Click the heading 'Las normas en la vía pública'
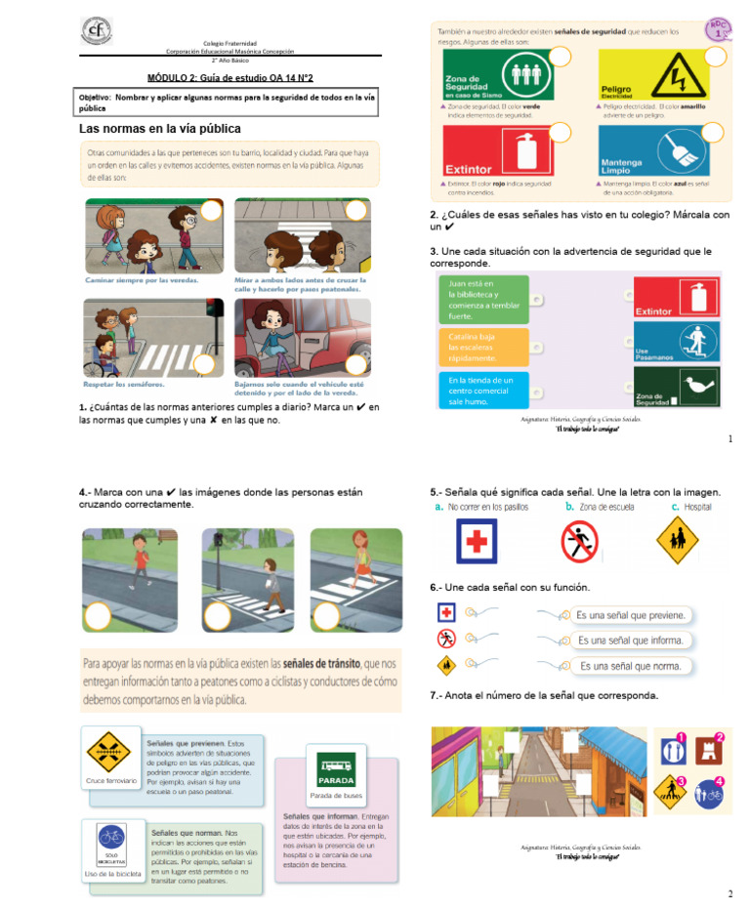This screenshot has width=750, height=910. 160,129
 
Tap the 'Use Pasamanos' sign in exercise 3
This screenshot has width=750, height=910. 676,342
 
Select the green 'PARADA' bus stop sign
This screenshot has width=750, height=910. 336,770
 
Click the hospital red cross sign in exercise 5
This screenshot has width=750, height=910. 476,540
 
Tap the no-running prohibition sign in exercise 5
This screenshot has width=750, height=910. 579,540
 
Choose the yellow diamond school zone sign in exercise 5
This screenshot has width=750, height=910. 677,539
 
